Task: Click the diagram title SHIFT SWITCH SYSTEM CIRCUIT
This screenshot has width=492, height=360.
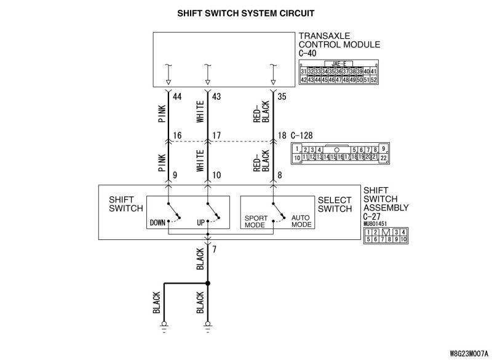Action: click(x=245, y=12)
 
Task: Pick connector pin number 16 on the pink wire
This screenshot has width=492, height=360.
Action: click(x=178, y=135)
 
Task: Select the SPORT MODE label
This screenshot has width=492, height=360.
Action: click(x=255, y=222)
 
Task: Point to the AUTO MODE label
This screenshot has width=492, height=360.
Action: click(x=301, y=222)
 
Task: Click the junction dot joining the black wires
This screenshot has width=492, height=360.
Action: click(x=208, y=284)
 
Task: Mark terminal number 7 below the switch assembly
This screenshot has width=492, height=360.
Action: click(x=214, y=250)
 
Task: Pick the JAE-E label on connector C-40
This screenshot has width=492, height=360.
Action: click(x=339, y=63)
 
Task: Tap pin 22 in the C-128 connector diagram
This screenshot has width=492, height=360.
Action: click(x=384, y=158)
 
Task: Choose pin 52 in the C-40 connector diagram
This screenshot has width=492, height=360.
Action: click(x=373, y=79)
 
